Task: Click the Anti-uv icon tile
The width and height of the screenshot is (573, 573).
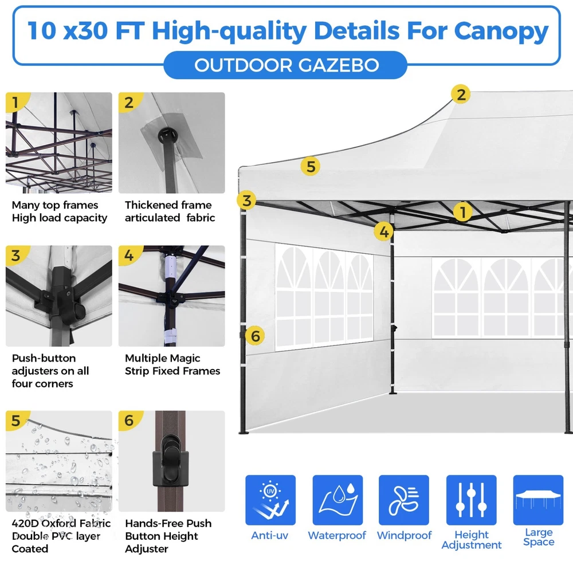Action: tap(270, 500)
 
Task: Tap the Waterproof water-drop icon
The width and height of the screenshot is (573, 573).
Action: tap(337, 500)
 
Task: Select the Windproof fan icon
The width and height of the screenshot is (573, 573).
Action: tap(404, 500)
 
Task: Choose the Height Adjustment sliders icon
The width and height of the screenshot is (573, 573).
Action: tap(472, 500)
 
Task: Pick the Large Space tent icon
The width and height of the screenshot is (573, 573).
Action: tap(538, 500)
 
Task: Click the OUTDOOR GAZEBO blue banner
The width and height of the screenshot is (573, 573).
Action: tap(285, 65)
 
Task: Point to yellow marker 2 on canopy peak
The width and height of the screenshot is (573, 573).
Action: tap(461, 95)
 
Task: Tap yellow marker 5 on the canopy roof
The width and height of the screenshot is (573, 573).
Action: tap(310, 166)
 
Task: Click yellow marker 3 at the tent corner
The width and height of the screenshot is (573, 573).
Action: tap(246, 200)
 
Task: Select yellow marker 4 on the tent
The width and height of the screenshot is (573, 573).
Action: tap(384, 231)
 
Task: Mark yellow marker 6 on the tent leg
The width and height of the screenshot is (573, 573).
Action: tap(255, 335)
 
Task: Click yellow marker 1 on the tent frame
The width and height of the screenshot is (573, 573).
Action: tap(462, 212)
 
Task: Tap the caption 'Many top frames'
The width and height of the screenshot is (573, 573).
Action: tap(55, 205)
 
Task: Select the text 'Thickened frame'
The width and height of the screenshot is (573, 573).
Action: tap(168, 205)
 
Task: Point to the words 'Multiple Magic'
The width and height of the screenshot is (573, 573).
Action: tap(162, 358)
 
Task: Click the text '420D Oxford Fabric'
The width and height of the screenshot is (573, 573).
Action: tap(61, 523)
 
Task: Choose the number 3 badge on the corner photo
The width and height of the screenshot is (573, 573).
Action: tap(15, 256)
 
